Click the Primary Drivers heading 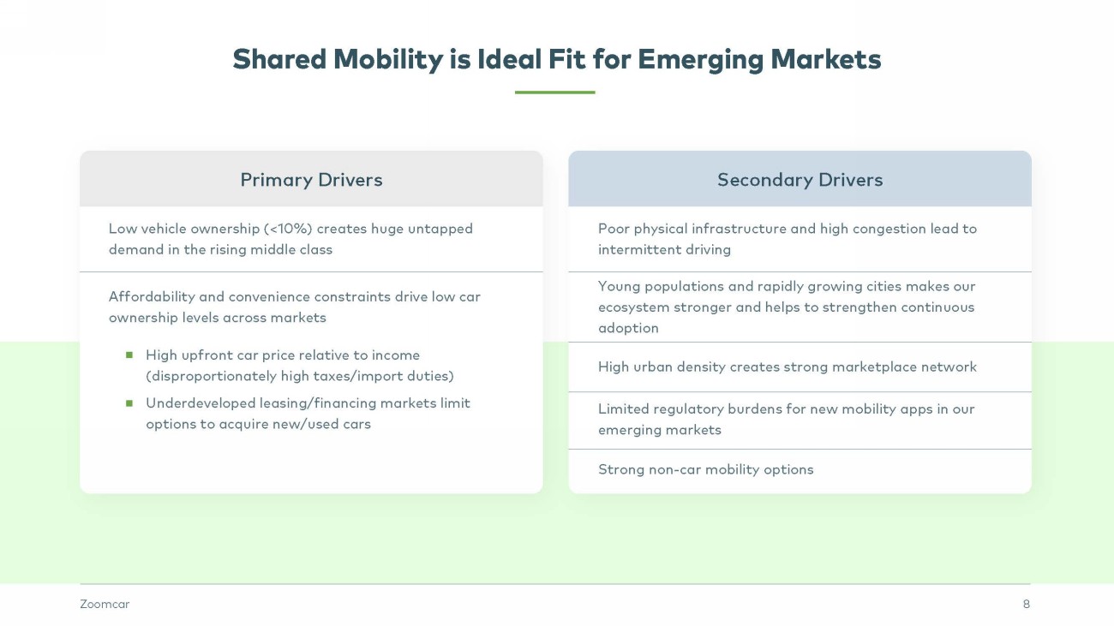click(311, 180)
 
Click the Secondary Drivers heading click(800, 180)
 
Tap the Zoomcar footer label click(105, 605)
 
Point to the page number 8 click(1026, 605)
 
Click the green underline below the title click(554, 92)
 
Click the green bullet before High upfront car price click(129, 355)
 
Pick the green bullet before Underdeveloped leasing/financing click(129, 402)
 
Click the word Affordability click(152, 296)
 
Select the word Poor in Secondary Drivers click(614, 229)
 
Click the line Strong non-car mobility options click(705, 469)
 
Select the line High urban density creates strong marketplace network click(787, 367)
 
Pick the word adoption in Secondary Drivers click(628, 328)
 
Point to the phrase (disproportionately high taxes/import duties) click(299, 376)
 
